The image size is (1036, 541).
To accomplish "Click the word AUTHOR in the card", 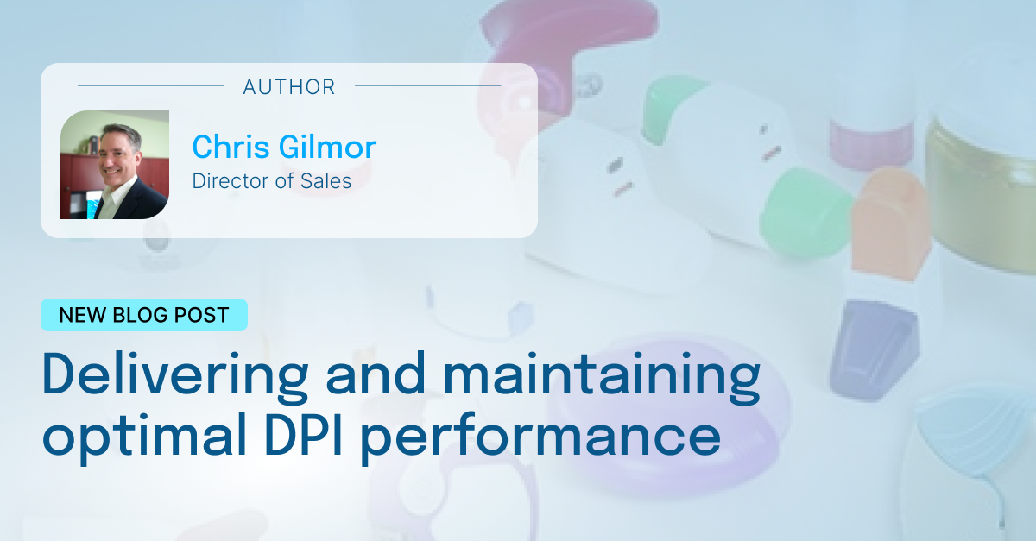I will pos(289,86).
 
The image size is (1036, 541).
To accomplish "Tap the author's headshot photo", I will pos(114,165).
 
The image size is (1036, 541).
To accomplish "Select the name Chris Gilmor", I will pos(284,147).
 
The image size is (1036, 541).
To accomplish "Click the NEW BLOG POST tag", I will pos(144,315).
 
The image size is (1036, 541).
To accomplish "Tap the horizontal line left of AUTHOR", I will pos(151,85).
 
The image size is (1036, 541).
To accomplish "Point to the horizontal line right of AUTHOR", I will pos(427,85).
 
